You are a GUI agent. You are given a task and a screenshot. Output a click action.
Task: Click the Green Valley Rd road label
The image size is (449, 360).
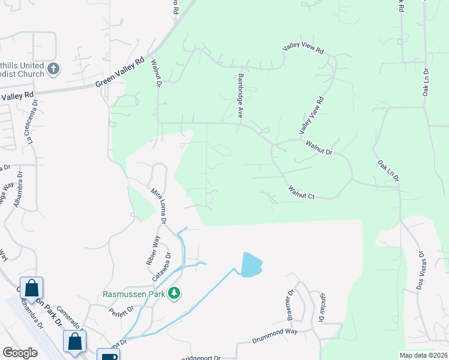(x=120, y=73)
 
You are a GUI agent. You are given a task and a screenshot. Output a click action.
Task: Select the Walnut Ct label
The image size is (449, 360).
(x=301, y=192)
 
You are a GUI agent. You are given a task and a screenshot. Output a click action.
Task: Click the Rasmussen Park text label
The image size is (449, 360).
(x=134, y=293)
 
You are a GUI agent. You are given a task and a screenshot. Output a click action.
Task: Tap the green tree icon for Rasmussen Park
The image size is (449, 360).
(x=174, y=293)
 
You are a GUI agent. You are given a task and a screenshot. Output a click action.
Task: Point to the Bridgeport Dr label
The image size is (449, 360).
(x=201, y=358)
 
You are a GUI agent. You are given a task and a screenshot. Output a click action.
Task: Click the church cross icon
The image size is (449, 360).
(x=53, y=69)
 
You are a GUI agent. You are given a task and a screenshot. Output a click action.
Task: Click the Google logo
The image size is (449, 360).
(x=20, y=353)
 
